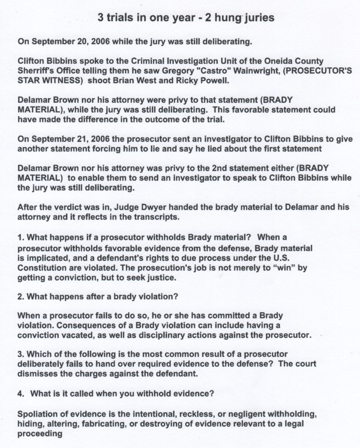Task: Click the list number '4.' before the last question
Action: point(21,394)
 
